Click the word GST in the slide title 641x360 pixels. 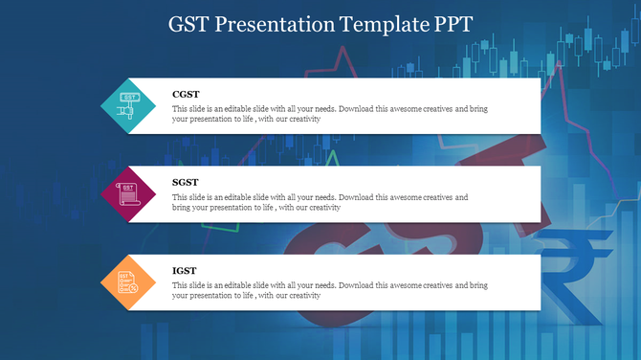(x=189, y=24)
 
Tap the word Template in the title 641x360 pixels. (x=380, y=24)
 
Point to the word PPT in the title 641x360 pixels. (x=451, y=24)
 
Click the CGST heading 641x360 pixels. (x=186, y=94)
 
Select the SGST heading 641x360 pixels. (x=186, y=182)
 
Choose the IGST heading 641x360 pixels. (x=185, y=271)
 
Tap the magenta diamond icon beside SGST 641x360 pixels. (x=128, y=193)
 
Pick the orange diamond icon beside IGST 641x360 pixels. (x=128, y=282)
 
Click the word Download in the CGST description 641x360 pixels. (x=355, y=109)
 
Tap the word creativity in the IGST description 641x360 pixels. (x=321, y=296)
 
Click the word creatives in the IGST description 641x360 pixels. (x=435, y=285)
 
